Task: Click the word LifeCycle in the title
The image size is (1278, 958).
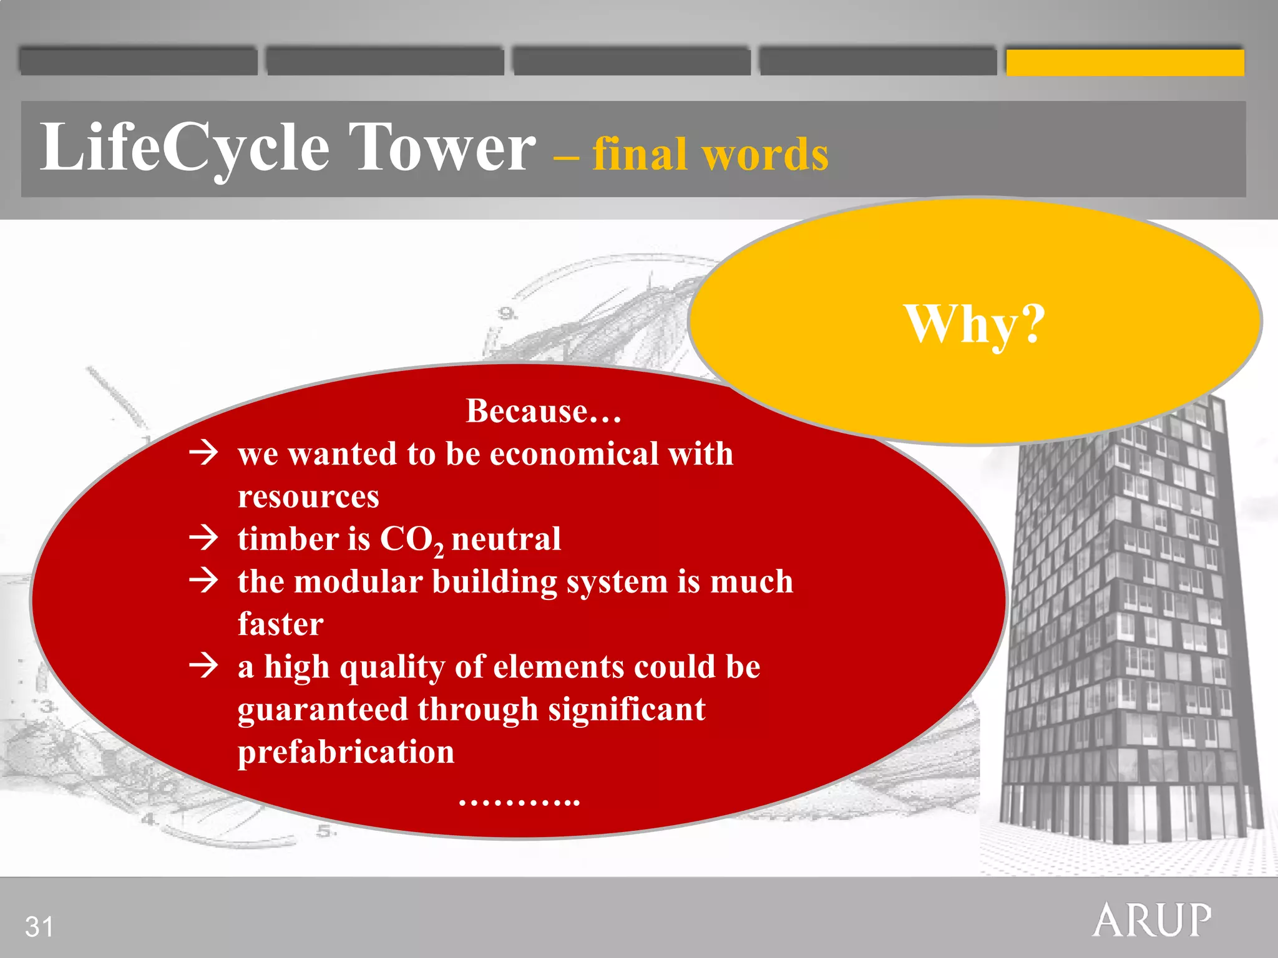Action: pos(184,148)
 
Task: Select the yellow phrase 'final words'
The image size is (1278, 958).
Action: pos(710,154)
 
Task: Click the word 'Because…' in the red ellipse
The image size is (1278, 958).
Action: pos(544,411)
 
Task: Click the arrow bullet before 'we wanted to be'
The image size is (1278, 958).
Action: pos(204,452)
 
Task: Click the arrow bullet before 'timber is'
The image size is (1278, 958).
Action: pos(204,538)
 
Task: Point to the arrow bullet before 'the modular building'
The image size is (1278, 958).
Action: pos(204,580)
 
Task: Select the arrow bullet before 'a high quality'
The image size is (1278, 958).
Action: pos(204,665)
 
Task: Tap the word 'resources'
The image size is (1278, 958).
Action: pos(308,496)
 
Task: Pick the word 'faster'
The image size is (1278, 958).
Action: pos(281,624)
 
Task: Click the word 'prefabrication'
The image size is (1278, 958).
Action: pos(346,752)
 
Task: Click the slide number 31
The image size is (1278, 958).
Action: pos(39,927)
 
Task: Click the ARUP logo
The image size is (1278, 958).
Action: pos(1152,921)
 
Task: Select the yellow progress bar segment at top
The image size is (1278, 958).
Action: pos(1124,62)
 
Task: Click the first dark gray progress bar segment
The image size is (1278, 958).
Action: pos(138,61)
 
